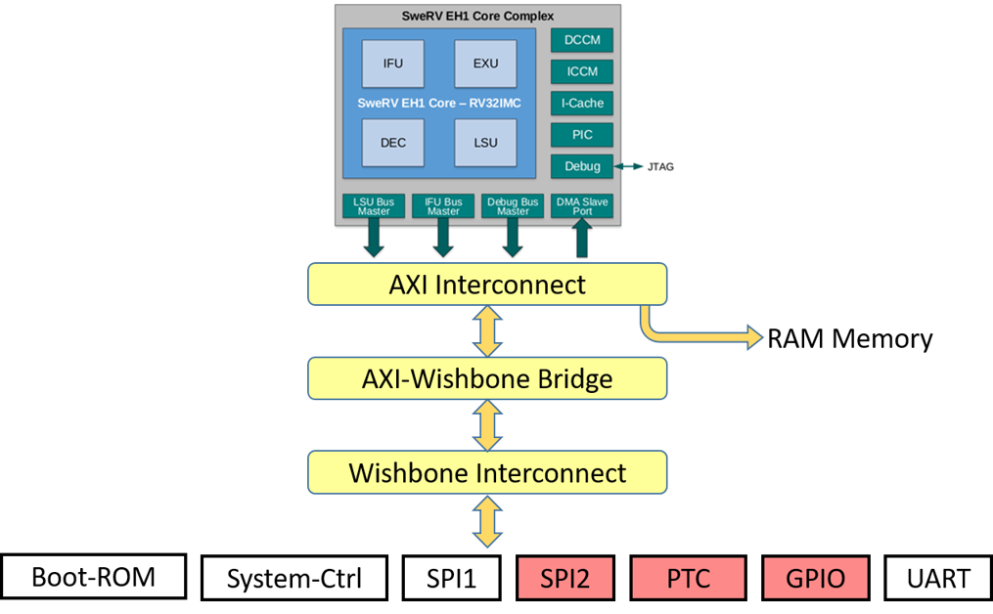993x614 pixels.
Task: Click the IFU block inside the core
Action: click(x=391, y=64)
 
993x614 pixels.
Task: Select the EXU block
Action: click(x=484, y=64)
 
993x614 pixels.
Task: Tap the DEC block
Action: click(x=391, y=143)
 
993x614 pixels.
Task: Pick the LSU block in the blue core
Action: click(x=484, y=143)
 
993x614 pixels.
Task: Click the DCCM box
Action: click(x=581, y=40)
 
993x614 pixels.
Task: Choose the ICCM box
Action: click(x=581, y=71)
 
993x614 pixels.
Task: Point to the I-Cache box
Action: click(x=581, y=103)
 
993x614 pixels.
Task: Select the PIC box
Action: click(x=581, y=135)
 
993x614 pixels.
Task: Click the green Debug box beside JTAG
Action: click(x=581, y=166)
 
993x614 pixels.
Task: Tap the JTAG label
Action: click(x=660, y=167)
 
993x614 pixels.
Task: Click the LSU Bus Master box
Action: click(x=374, y=205)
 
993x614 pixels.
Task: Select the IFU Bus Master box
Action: click(x=443, y=205)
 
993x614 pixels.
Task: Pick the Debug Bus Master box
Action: click(x=513, y=205)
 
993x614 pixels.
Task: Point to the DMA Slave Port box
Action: click(x=582, y=205)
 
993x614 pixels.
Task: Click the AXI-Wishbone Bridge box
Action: click(x=487, y=378)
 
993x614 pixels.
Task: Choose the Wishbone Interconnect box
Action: click(x=487, y=472)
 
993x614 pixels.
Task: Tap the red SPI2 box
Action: click(x=565, y=578)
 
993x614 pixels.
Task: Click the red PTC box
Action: click(x=688, y=578)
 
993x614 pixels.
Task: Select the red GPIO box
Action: click(x=815, y=578)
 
